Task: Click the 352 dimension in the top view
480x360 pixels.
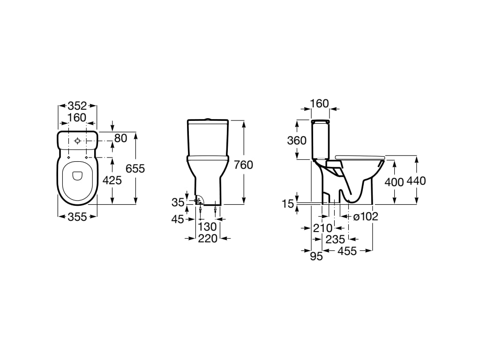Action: (77, 106)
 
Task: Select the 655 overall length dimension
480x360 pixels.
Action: (135, 168)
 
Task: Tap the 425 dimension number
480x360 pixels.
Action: (112, 180)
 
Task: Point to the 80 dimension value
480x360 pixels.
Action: (120, 138)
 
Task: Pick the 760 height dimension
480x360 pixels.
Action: (243, 165)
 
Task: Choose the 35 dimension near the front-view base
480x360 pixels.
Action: (178, 202)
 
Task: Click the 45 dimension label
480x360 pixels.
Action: (178, 219)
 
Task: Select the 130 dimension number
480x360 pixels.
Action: (207, 227)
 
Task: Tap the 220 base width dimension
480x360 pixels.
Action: (208, 238)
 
